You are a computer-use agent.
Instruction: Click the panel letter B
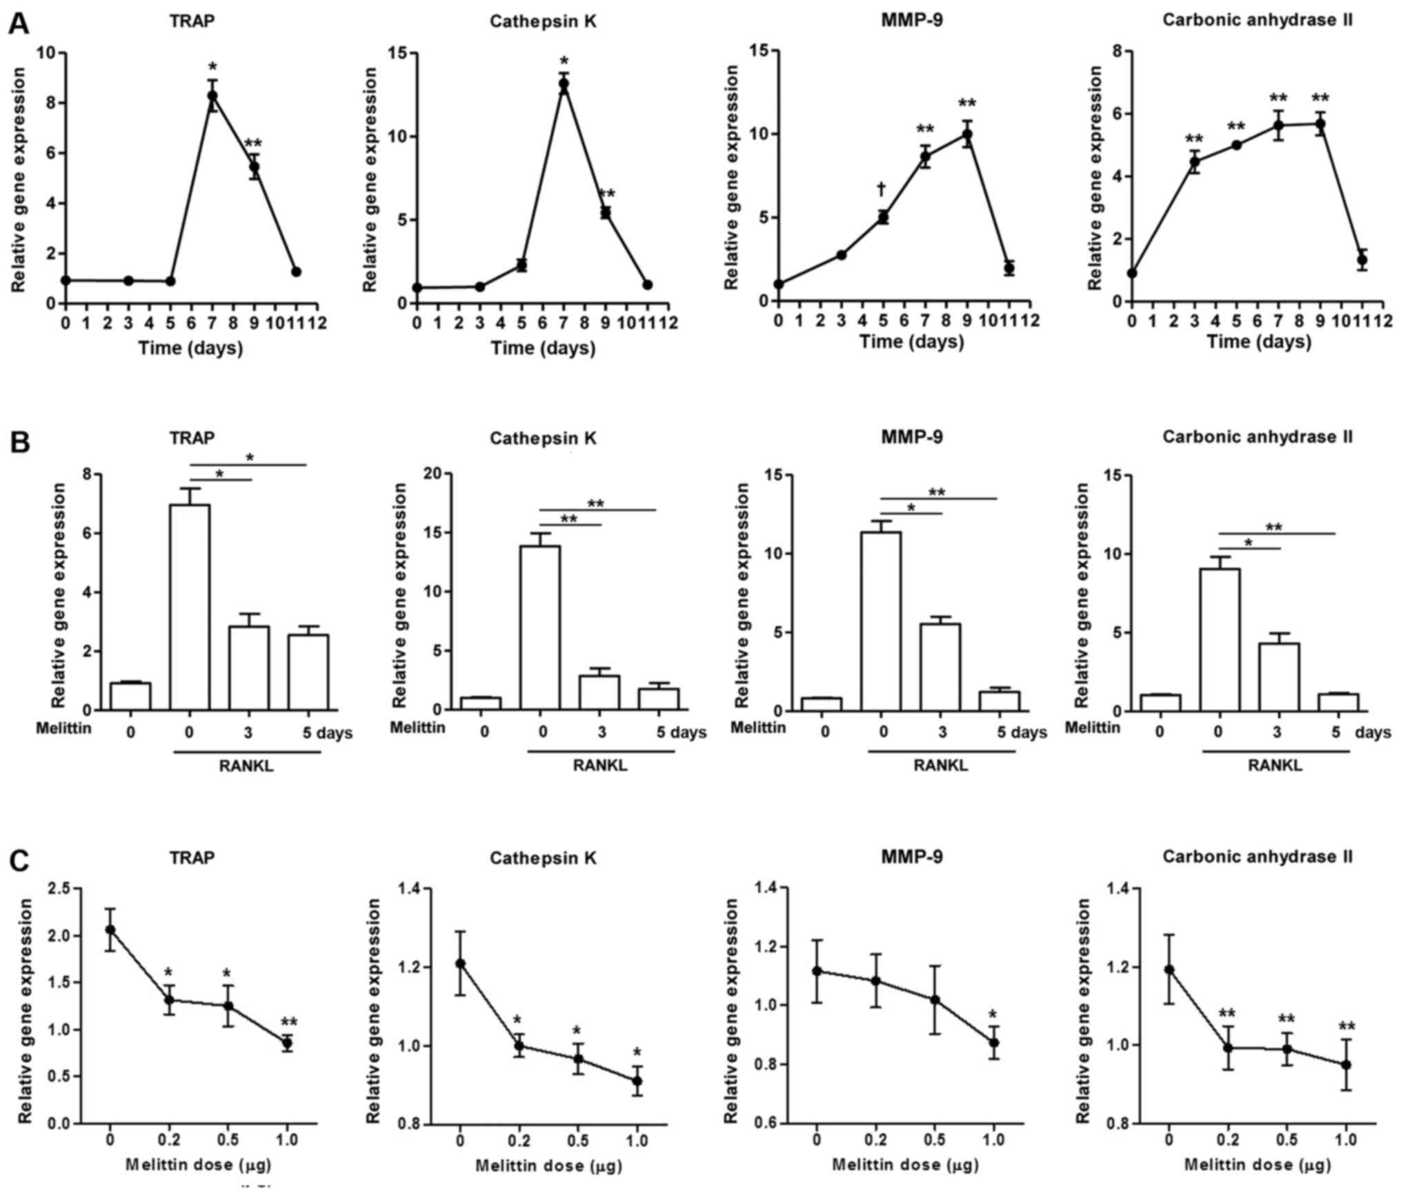(x=19, y=441)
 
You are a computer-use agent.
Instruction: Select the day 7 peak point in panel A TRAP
(x=212, y=96)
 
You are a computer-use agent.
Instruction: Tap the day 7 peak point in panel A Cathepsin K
(x=564, y=83)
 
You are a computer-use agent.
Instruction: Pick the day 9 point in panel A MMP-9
(x=967, y=134)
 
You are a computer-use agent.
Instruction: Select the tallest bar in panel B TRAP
(x=190, y=607)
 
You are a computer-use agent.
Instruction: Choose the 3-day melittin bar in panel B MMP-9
(x=940, y=667)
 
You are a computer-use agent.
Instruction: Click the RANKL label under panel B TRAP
(x=246, y=766)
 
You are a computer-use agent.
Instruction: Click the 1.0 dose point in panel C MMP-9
(x=993, y=1043)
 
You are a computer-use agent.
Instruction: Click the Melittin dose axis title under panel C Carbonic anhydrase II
(x=1258, y=1165)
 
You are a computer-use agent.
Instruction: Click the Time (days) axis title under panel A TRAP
(x=191, y=348)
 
